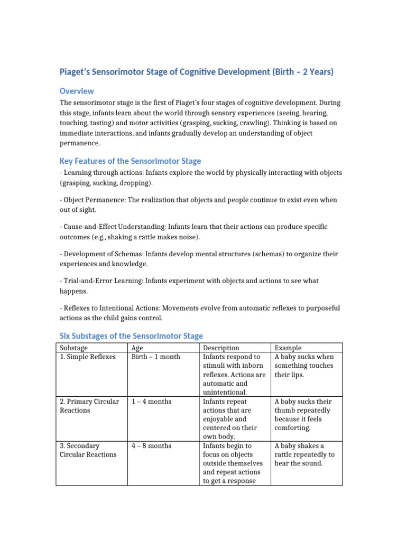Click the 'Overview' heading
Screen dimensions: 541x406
77,91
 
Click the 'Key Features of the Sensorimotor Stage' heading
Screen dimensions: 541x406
130,161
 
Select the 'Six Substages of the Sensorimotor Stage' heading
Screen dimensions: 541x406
131,335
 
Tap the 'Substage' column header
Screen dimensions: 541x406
74,348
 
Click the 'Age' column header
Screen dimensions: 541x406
137,348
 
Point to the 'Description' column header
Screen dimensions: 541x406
221,348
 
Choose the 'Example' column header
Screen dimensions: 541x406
288,348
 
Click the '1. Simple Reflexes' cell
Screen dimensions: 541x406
87,357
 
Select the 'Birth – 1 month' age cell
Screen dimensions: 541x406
156,357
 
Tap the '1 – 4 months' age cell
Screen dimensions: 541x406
152,402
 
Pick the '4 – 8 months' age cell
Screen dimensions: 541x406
152,446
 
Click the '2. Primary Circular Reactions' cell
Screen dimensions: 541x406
89,406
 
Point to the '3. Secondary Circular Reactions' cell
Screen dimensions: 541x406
88,450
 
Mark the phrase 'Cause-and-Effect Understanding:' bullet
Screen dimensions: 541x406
116,227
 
